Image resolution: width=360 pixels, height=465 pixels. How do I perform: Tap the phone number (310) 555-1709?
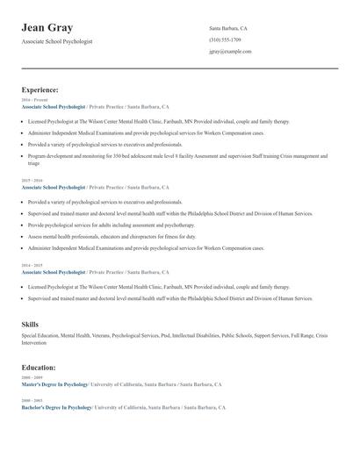pos(225,40)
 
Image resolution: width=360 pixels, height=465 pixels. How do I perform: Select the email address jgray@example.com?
pos(230,52)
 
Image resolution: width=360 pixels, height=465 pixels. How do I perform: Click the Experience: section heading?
pos(40,89)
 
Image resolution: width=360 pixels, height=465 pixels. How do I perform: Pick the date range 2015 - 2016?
pos(31,182)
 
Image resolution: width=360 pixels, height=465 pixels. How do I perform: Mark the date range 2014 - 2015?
pos(31,264)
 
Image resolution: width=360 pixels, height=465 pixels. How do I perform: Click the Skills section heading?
pos(30,325)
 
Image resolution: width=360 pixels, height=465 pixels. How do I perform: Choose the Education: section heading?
pos(39,368)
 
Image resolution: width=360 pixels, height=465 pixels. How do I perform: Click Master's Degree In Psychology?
pos(54,384)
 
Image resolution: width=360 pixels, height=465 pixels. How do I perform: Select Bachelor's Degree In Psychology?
pos(56,408)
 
